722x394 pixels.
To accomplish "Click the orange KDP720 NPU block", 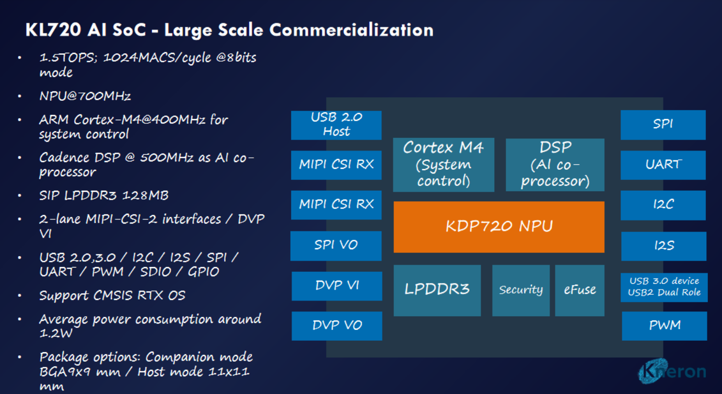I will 499,227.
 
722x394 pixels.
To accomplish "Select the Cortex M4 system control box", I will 443,165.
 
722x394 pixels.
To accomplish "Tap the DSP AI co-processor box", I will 555,165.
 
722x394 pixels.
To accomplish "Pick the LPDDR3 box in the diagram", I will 437,290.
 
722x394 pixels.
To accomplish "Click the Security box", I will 520,290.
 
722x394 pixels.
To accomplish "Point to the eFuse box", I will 579,290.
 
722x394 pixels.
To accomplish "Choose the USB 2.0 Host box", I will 336,125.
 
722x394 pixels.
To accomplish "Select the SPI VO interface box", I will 336,245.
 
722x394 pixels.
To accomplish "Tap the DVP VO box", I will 336,326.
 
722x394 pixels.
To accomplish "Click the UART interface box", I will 663,165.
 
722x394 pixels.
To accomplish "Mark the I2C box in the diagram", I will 663,205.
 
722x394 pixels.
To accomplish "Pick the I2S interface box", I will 663,245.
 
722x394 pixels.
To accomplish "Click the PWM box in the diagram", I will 664,326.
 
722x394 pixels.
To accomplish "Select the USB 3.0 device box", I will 664,287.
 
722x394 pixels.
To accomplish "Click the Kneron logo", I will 672,372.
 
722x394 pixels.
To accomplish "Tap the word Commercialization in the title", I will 351,30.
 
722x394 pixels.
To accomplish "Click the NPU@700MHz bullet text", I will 85,96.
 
